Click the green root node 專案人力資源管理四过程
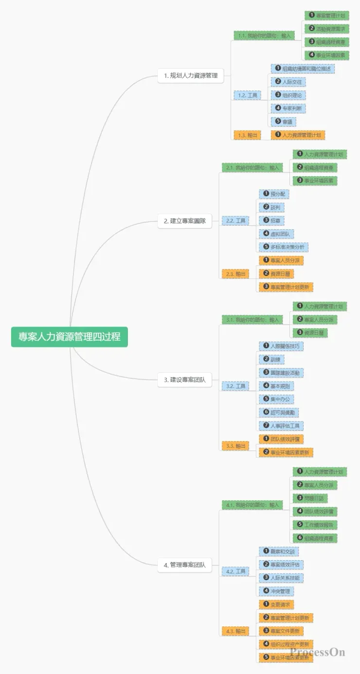coord(70,337)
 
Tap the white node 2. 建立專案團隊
coord(184,221)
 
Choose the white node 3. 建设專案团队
coord(184,380)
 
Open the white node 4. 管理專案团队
coord(184,565)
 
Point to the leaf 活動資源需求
coord(326,29)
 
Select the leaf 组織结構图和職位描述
coord(303,69)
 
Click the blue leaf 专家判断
coord(289,108)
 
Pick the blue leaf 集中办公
coord(276,399)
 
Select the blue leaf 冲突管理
coord(276,591)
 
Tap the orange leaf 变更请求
coord(276,604)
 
